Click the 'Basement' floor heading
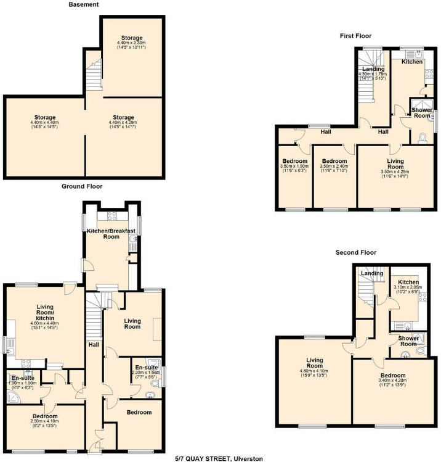click(x=84, y=4)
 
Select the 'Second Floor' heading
click(x=355, y=252)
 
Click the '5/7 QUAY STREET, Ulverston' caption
click(x=219, y=458)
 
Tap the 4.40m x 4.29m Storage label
click(x=123, y=122)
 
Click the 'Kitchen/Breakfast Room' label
click(x=111, y=233)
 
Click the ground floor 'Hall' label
click(x=93, y=344)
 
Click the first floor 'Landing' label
click(x=373, y=72)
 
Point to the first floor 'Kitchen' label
click(x=412, y=62)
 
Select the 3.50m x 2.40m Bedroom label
click(x=334, y=165)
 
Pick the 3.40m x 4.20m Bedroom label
click(x=392, y=379)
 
